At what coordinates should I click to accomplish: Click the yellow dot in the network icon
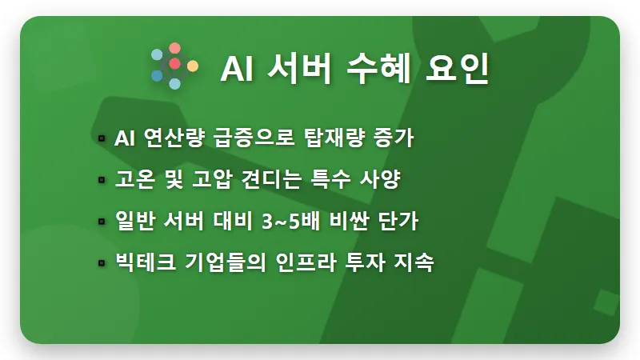coord(193,65)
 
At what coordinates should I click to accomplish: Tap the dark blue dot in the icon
coord(157,76)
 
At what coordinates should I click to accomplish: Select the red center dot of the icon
coord(174,63)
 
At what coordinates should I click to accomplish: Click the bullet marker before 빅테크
coord(102,263)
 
